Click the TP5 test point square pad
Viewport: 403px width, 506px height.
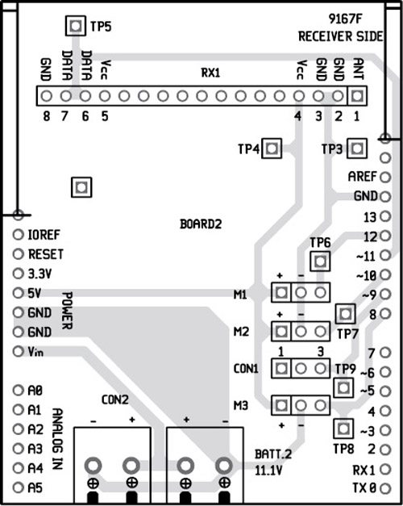click(x=75, y=26)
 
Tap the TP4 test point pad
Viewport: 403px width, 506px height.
click(x=272, y=148)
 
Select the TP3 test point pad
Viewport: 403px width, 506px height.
click(x=356, y=148)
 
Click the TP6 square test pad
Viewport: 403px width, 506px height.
click(x=321, y=261)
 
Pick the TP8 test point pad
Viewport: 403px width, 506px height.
click(x=344, y=428)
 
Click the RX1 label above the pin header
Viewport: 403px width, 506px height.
click(x=210, y=73)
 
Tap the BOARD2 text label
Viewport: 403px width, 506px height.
click(x=200, y=224)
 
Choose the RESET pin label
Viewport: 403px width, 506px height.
click(x=45, y=254)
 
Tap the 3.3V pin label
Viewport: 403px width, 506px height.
click(x=39, y=274)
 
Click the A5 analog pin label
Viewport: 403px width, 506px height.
click(x=35, y=487)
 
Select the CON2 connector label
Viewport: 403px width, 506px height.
click(x=115, y=399)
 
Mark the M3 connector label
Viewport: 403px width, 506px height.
click(x=240, y=404)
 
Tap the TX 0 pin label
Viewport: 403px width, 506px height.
click(x=364, y=487)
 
